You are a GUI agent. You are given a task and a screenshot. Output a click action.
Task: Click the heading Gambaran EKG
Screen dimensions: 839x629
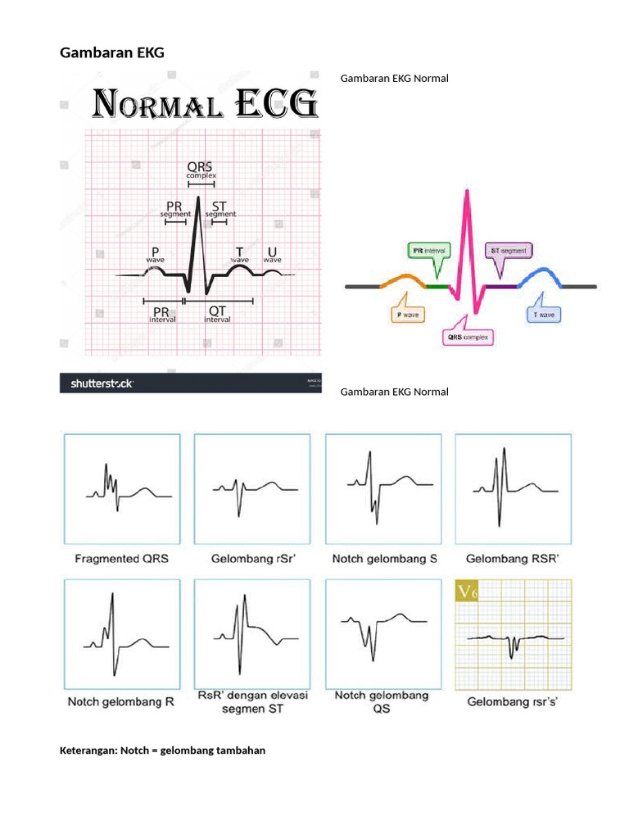(x=112, y=53)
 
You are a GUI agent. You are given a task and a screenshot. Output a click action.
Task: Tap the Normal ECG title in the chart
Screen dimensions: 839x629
(x=204, y=106)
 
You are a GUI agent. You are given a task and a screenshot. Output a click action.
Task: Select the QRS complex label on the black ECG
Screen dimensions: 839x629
(x=200, y=170)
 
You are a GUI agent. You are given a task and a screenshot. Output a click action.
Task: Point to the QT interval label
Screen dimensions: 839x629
(x=217, y=314)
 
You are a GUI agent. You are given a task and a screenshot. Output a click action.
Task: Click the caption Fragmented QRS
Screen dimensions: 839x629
(x=121, y=559)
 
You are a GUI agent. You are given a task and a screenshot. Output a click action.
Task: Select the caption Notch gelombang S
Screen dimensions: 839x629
(x=385, y=559)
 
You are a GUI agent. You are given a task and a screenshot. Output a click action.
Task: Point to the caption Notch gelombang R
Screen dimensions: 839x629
(x=115, y=702)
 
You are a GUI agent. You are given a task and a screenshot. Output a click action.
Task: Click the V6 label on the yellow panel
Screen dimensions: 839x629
(x=467, y=591)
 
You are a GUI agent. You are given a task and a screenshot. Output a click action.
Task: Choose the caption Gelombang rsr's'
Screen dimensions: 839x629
(x=513, y=702)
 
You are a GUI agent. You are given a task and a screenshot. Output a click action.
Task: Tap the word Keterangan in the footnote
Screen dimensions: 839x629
(x=87, y=751)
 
